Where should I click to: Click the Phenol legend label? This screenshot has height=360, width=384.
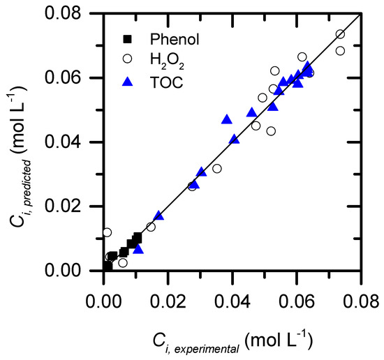pyautogui.click(x=175, y=39)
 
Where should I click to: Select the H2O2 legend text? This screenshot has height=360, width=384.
pyautogui.click(x=167, y=61)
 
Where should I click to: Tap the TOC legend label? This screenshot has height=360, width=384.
pyautogui.click(x=167, y=82)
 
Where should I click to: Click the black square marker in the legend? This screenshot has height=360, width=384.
pyautogui.click(x=127, y=39)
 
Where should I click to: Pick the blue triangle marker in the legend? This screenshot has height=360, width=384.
pyautogui.click(x=127, y=82)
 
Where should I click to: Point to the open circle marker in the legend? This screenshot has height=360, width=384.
pyautogui.click(x=127, y=59)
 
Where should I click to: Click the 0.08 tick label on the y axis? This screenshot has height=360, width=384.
pyautogui.click(x=63, y=13)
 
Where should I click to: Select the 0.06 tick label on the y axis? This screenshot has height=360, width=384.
pyautogui.click(x=63, y=77)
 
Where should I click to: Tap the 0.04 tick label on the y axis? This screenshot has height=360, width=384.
pyautogui.click(x=63, y=142)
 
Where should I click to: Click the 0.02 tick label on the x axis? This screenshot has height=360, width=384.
pyautogui.click(x=168, y=301)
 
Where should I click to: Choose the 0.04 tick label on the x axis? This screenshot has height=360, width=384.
pyautogui.click(x=232, y=301)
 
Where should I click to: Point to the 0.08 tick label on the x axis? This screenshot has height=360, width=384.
pyautogui.click(x=361, y=301)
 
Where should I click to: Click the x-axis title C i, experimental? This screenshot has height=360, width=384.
pyautogui.click(x=232, y=342)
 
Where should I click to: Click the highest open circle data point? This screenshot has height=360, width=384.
pyautogui.click(x=340, y=34)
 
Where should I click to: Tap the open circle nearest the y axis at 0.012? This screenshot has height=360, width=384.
pyautogui.click(x=107, y=232)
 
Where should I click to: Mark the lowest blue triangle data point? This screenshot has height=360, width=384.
pyautogui.click(x=138, y=248)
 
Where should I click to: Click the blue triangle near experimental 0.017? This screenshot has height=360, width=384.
pyautogui.click(x=158, y=215)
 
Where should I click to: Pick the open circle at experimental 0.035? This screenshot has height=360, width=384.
pyautogui.click(x=217, y=169)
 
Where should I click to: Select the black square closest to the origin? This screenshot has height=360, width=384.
pyautogui.click(x=108, y=267)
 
